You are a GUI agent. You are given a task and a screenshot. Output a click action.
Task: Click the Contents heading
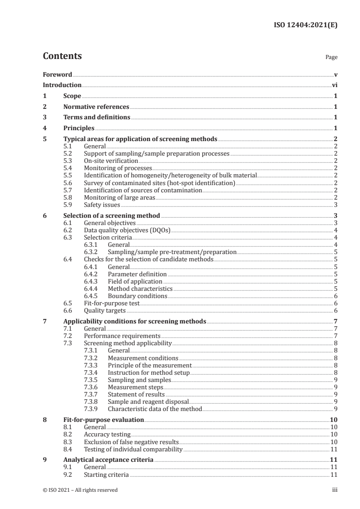tap(62, 56)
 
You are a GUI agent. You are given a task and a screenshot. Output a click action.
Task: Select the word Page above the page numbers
tap(331, 58)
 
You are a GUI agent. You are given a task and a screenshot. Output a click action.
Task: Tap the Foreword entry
tap(57, 74)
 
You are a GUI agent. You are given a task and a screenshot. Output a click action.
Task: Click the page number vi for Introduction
tap(334, 85)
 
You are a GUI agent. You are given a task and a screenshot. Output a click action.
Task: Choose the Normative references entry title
tap(96, 107)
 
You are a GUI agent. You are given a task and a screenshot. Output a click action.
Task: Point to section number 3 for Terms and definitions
tap(44, 117)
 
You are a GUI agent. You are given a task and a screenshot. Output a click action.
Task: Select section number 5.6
tap(67, 183)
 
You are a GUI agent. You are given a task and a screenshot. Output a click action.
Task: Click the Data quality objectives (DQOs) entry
tap(127, 230)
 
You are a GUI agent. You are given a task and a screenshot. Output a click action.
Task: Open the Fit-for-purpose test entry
tap(111, 303)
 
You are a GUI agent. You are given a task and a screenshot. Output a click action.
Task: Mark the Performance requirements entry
tap(122, 336)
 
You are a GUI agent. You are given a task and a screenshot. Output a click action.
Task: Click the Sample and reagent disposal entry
tap(148, 401)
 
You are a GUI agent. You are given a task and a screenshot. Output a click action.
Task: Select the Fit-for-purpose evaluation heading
tap(104, 420)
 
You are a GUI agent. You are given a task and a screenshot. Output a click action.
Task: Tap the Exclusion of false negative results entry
tap(131, 441)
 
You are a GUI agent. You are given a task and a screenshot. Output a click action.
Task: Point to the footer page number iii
tap(335, 490)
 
